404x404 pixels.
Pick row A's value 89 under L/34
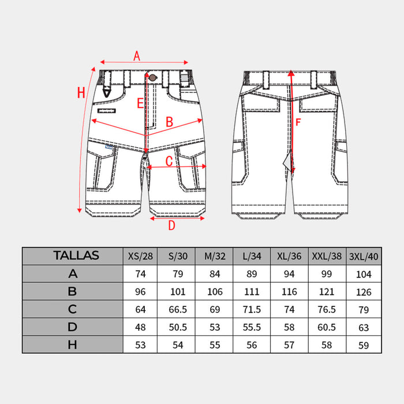(x=251, y=274)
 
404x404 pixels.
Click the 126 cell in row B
(x=364, y=291)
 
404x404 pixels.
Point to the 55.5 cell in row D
(x=251, y=327)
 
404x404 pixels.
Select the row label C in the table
(x=73, y=309)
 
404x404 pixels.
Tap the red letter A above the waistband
(x=137, y=56)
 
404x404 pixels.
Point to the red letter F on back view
(x=298, y=122)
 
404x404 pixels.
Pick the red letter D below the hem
(x=171, y=226)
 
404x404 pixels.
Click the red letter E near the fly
(x=140, y=104)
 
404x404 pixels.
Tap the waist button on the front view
(x=152, y=77)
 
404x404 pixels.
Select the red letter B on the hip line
(x=170, y=122)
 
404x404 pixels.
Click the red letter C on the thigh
(x=170, y=162)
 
